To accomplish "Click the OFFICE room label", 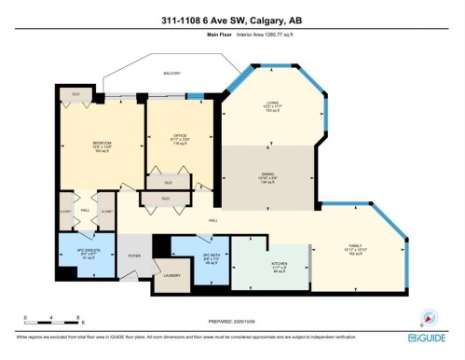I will tap(180, 137).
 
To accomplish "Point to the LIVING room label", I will tap(273, 104).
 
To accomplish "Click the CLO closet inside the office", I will tap(169, 179).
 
